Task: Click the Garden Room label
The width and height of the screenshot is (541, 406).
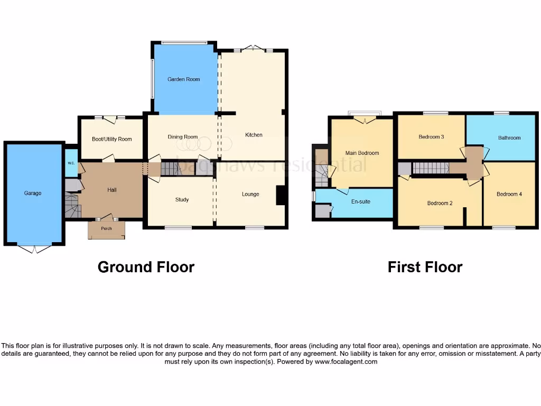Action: pyautogui.click(x=184, y=79)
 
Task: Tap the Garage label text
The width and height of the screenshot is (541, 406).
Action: pyautogui.click(x=32, y=193)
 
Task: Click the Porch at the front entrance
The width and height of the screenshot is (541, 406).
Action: pyautogui.click(x=106, y=229)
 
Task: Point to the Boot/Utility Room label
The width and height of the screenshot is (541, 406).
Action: pyautogui.click(x=111, y=139)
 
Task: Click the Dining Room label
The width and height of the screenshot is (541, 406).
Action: pyautogui.click(x=182, y=137)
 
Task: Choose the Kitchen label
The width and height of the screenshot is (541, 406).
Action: pyautogui.click(x=254, y=135)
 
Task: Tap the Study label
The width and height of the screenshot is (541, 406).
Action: pyautogui.click(x=182, y=200)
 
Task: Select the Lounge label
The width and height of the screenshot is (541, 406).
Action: pyautogui.click(x=250, y=194)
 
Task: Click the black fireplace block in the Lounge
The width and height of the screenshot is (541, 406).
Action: pyautogui.click(x=281, y=195)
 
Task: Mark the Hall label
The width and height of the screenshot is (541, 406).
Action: pyautogui.click(x=111, y=190)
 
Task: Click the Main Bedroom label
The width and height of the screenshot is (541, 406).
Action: pyautogui.click(x=362, y=153)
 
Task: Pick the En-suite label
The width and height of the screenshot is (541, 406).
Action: pyautogui.click(x=361, y=202)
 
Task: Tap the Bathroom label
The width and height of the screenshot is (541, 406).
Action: pyautogui.click(x=509, y=138)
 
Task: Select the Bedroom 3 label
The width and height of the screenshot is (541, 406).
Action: pyautogui.click(x=431, y=137)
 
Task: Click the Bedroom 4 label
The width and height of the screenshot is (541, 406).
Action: pyautogui.click(x=509, y=194)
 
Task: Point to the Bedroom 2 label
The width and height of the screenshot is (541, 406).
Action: pyautogui.click(x=440, y=203)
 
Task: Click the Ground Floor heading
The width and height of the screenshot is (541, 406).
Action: pyautogui.click(x=146, y=267)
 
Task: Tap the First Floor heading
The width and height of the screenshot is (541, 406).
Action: pyautogui.click(x=425, y=267)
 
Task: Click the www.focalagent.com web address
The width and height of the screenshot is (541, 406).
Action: pyautogui.click(x=346, y=362)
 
